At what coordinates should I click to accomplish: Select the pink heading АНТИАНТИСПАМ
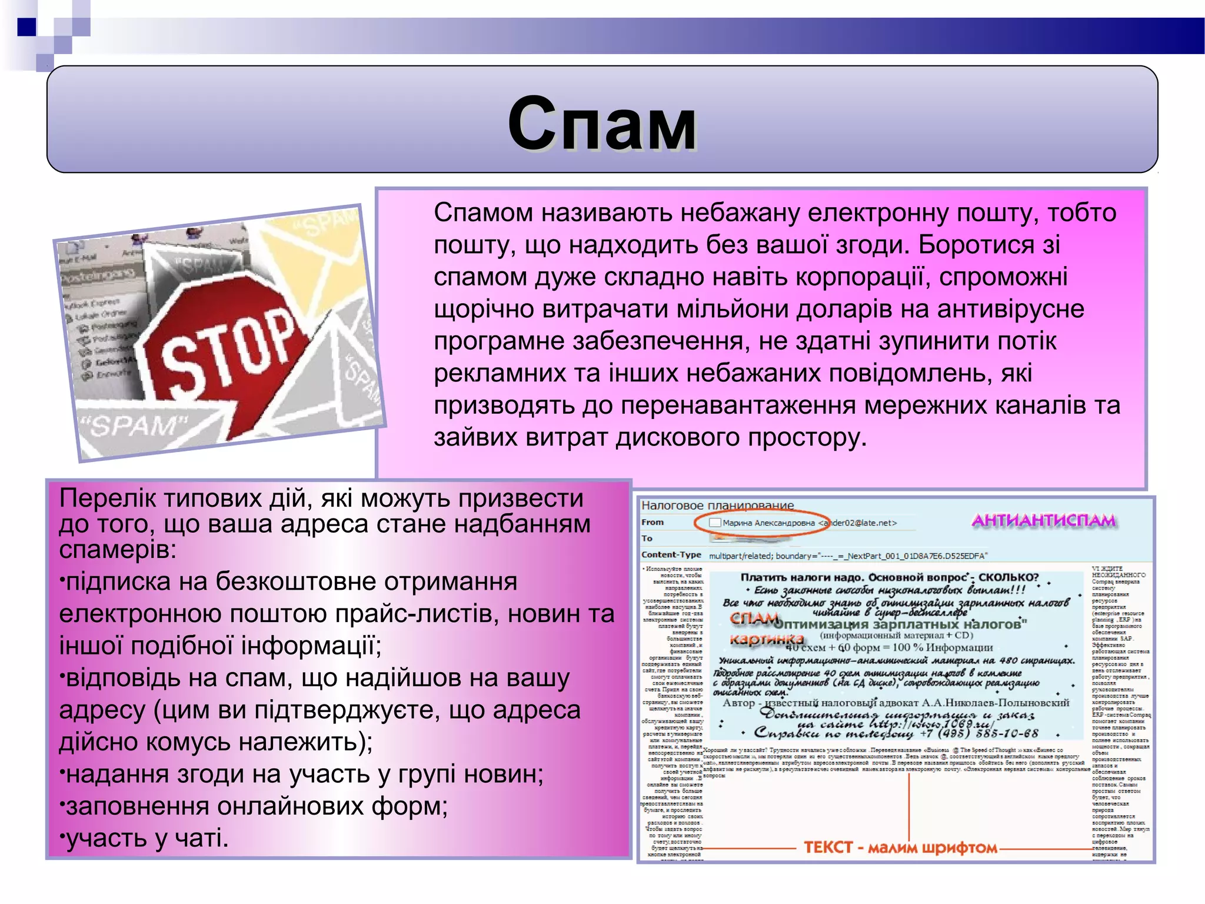point(1043,520)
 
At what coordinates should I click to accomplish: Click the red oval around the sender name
point(762,522)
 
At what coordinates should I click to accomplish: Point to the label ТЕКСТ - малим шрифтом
point(900,847)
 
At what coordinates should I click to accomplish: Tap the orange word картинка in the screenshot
point(766,639)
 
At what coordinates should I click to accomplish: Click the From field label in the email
point(653,522)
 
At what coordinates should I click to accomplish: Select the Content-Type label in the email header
point(671,554)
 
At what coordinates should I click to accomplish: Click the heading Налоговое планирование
point(717,505)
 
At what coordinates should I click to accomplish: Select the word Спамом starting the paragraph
point(483,212)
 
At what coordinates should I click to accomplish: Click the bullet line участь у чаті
point(147,837)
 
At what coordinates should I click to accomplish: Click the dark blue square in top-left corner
point(27,27)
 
